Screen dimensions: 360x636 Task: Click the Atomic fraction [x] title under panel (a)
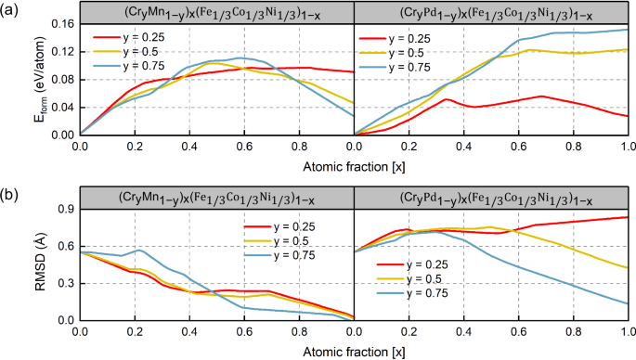[x=353, y=165]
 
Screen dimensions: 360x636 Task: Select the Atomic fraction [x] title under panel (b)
[x=353, y=352]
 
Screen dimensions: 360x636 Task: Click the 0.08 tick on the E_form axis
[x=63, y=79]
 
